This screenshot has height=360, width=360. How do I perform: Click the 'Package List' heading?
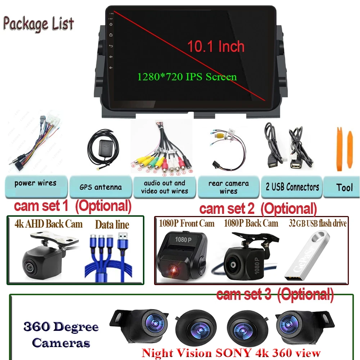tap(38, 23)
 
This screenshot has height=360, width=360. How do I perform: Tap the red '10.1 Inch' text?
tap(216, 46)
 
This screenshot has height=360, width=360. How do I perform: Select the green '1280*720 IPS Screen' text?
tap(187, 77)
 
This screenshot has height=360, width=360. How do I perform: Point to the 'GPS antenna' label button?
tap(100, 187)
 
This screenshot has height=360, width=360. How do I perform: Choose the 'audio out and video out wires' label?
tap(165, 187)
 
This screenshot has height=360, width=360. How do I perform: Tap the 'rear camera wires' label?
tap(228, 187)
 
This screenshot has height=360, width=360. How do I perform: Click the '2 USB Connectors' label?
tap(292, 187)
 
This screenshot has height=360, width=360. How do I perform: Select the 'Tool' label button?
tap(344, 187)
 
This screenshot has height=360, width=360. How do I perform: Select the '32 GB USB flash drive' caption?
tap(318, 224)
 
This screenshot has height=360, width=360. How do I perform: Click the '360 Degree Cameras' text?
tap(61, 335)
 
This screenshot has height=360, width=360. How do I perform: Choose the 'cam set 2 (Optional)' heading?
tap(258, 208)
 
